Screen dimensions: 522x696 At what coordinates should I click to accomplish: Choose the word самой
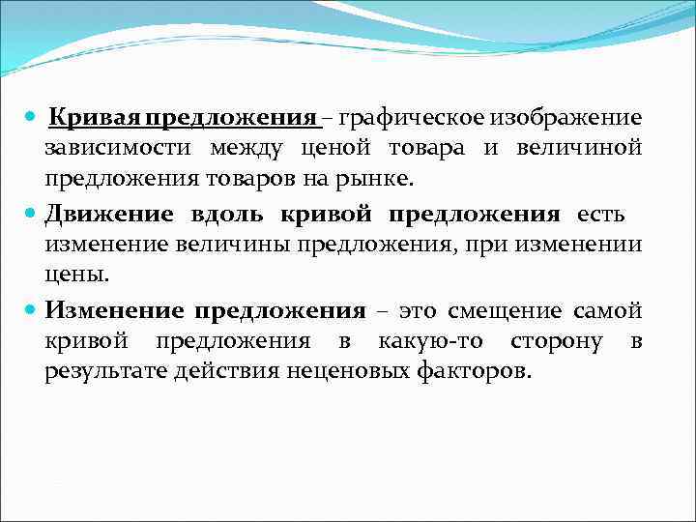608,310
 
